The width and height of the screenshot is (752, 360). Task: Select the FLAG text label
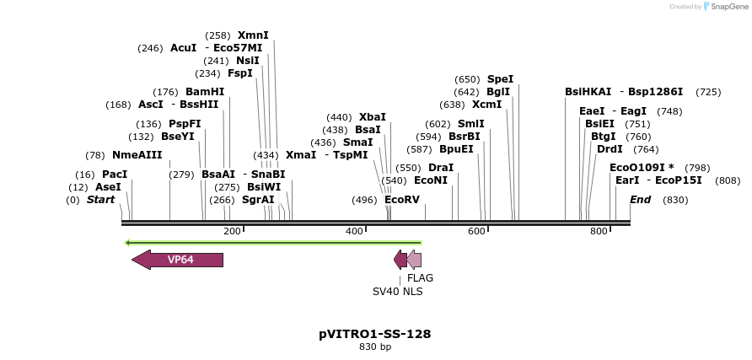420,277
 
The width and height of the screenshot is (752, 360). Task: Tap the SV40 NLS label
398,292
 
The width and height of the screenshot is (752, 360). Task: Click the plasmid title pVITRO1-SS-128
375,334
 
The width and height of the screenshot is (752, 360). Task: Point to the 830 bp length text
375,347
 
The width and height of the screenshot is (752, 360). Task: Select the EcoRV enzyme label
402,200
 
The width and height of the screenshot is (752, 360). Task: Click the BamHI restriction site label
205,92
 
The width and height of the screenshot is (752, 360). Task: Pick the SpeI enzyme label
500,79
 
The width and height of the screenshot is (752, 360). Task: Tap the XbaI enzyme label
372,117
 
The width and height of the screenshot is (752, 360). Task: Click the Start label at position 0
100,200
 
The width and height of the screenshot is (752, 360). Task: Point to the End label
640,200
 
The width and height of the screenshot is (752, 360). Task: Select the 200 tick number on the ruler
232,231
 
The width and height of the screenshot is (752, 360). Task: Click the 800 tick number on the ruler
599,231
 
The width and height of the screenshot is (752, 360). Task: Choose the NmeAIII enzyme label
137,155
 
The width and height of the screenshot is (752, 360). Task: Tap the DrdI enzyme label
610,149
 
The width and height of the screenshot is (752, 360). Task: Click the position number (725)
708,92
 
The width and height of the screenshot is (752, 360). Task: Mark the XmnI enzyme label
253,35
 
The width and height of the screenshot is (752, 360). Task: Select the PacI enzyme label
115,174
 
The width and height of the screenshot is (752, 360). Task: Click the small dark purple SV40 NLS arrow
400,260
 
